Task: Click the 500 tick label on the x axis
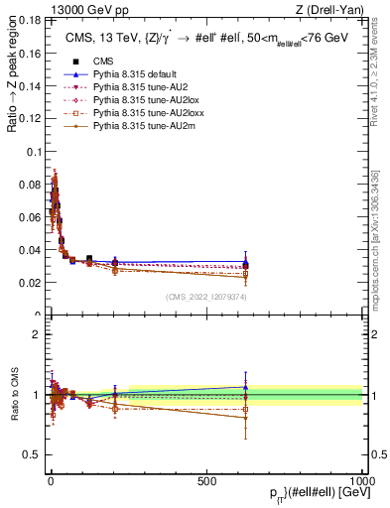(x=206, y=480)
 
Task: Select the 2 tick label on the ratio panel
(x=38, y=334)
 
